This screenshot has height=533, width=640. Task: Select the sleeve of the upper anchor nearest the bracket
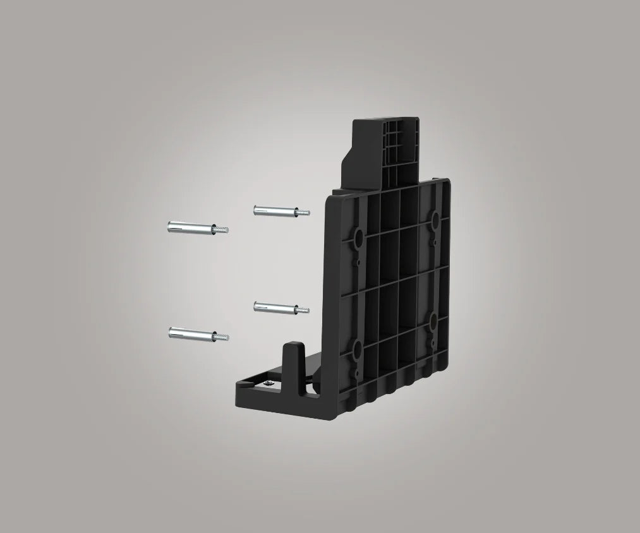coord(270,210)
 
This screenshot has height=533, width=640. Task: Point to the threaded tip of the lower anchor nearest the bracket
coord(305,310)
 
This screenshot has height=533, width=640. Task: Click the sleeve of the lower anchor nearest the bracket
coord(270,307)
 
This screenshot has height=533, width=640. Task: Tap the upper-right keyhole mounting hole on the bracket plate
coord(435,219)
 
